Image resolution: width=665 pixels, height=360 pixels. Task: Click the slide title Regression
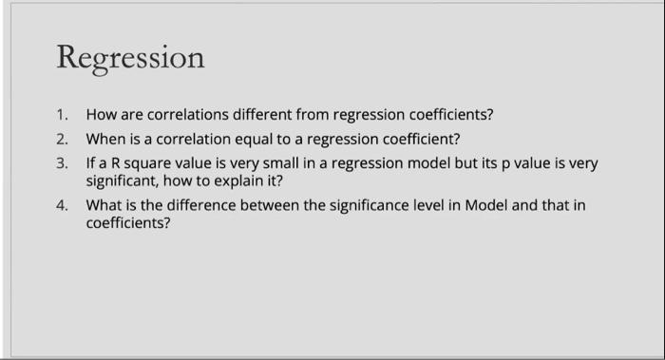130,58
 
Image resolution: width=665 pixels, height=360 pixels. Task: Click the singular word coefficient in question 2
414,139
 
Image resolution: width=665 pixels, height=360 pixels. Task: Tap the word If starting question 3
90,162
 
